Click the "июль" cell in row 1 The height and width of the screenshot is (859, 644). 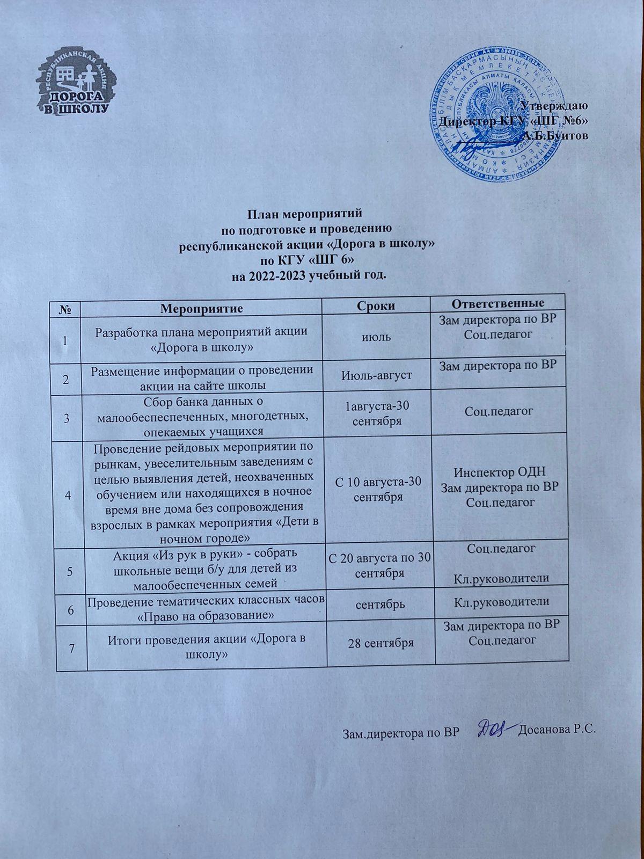tap(377, 338)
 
